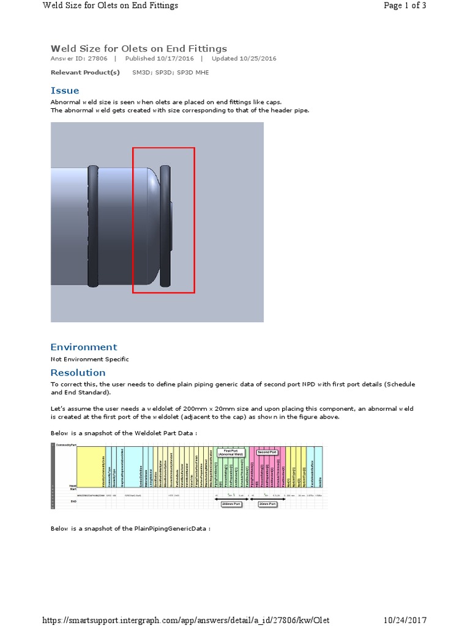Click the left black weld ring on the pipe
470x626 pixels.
click(x=93, y=226)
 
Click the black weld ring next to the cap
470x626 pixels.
click(x=165, y=226)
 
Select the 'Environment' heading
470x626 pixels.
click(x=83, y=347)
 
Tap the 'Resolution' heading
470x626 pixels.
click(x=78, y=372)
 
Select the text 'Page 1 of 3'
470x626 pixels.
click(x=405, y=6)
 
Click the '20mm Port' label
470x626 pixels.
click(x=267, y=504)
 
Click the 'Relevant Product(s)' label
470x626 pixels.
click(x=85, y=72)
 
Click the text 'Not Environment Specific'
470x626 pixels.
click(x=89, y=359)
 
